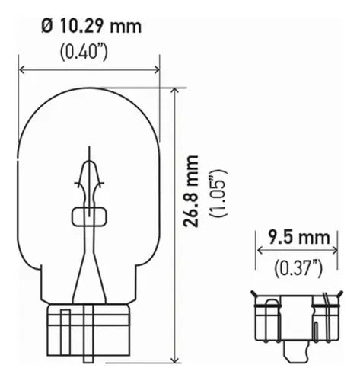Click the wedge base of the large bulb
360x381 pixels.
pyautogui.click(x=89, y=332)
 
